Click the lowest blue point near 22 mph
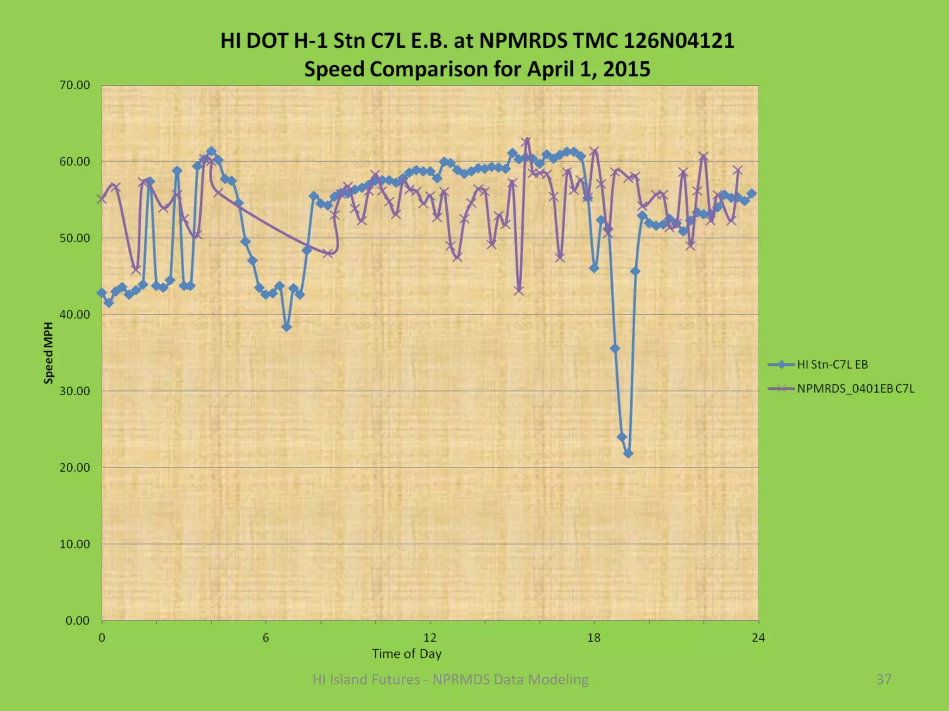628,454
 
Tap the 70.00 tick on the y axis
75,85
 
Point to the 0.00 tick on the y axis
77,621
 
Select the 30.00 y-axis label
75,391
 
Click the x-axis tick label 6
266,638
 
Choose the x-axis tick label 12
430,638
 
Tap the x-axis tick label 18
594,638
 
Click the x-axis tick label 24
758,638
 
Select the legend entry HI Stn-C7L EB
832,365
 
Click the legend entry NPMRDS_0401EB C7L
855,389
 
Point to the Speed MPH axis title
48,353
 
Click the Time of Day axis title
406,654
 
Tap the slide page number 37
884,679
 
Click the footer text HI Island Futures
366,679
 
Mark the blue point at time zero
101,293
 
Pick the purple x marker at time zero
101,199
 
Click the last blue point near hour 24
752,193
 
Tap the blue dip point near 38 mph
286,327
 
